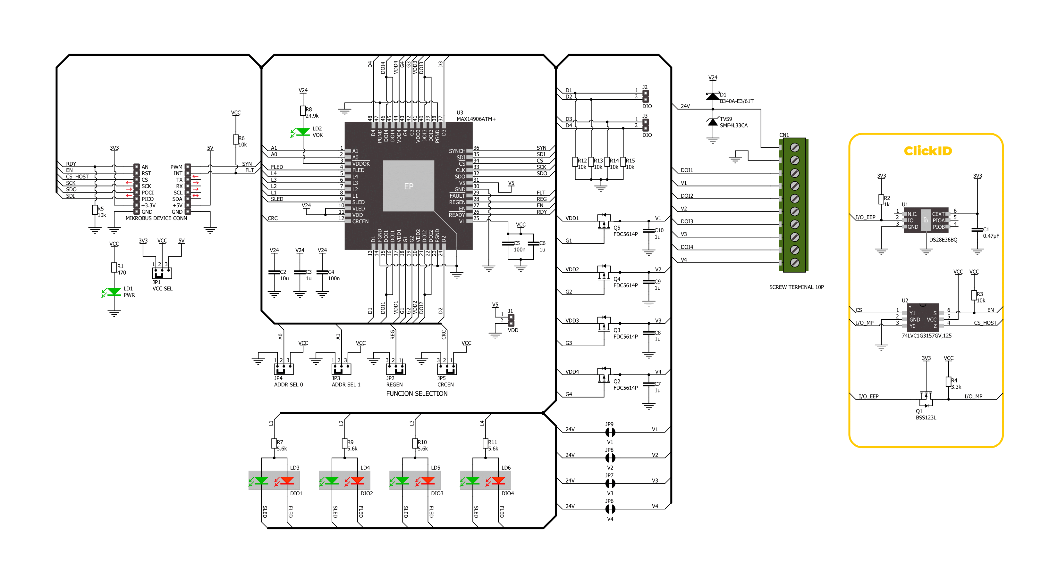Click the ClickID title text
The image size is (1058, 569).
point(927,151)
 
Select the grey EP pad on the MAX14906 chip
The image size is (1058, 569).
point(408,186)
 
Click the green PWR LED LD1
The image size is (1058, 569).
point(114,292)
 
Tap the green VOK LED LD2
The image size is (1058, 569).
point(303,132)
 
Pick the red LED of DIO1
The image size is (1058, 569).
point(287,480)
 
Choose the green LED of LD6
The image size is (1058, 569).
point(473,480)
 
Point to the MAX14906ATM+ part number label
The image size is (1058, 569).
point(476,119)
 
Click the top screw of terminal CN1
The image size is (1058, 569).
point(795,147)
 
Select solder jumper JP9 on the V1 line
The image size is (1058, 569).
point(610,432)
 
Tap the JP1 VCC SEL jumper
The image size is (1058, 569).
point(162,273)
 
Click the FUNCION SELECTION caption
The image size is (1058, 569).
point(417,393)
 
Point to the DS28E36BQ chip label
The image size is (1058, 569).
point(943,240)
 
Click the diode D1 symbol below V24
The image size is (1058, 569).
point(713,96)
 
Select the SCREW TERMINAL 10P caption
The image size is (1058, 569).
point(796,287)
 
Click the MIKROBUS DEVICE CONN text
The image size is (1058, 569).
point(156,218)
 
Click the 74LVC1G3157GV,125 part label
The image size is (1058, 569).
point(926,335)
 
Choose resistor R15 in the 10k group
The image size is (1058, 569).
point(623,162)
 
